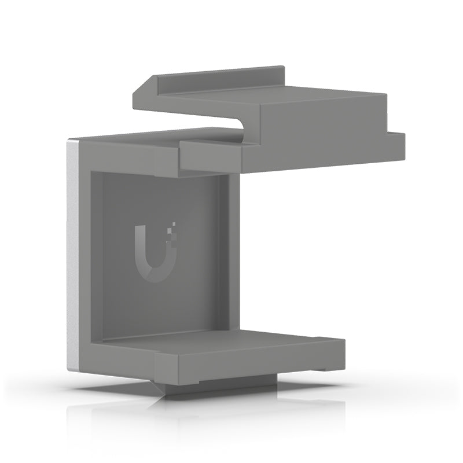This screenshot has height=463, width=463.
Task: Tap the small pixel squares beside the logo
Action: pyautogui.click(x=171, y=229)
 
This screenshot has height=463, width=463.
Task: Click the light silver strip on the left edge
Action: pyautogui.click(x=72, y=255)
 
